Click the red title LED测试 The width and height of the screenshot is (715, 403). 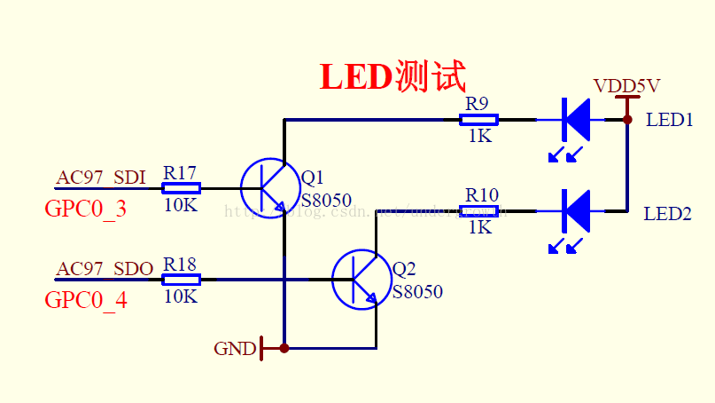coord(392,77)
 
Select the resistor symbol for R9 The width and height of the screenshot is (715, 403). coord(479,119)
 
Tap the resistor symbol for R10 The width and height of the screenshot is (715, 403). coord(479,211)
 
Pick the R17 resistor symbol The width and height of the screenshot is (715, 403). coord(181,187)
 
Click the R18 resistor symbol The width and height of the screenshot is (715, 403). coord(181,280)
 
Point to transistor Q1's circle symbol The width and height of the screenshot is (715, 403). coord(268,187)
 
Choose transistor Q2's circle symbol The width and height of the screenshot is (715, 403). coord(361,280)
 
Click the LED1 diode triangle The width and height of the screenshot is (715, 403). coord(577,118)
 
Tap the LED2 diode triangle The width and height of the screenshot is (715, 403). coord(577,211)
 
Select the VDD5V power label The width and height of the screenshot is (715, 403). coord(626,86)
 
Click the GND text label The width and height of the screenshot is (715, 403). coord(235,349)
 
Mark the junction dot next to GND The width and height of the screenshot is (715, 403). coord(284,348)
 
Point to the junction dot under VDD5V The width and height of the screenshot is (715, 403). coord(626,119)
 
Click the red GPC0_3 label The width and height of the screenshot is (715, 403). coord(85,209)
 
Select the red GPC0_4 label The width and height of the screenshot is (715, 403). coord(85,301)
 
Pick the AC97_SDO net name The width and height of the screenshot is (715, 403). coord(105,268)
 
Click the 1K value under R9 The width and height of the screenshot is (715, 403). coord(479,137)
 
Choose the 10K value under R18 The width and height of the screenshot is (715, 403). coord(181,297)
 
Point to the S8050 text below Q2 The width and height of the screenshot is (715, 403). coord(417,292)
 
